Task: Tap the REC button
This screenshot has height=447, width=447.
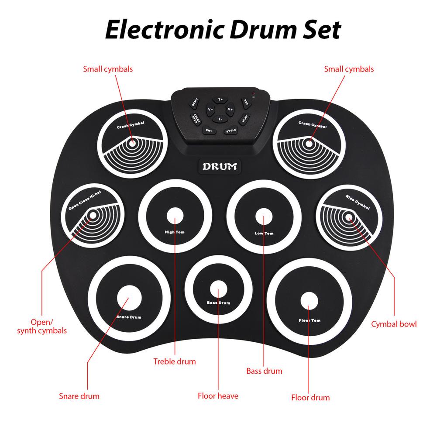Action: coord(246,103)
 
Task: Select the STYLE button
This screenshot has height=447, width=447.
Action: coord(230,131)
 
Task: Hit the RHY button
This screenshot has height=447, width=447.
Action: coord(209,131)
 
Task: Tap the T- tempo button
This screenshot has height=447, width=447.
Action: coord(220,119)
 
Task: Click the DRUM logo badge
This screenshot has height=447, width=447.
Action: coord(220,167)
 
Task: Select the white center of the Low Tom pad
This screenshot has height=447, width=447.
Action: coord(263,216)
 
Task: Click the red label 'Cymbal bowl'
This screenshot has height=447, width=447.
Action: coord(394,324)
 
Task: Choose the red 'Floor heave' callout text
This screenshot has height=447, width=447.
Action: coord(218,396)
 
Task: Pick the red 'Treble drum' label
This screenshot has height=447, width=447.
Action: coord(175,361)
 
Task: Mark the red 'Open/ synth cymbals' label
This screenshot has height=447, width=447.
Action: coord(42,326)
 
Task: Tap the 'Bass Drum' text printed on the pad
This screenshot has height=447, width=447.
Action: coord(218,303)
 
